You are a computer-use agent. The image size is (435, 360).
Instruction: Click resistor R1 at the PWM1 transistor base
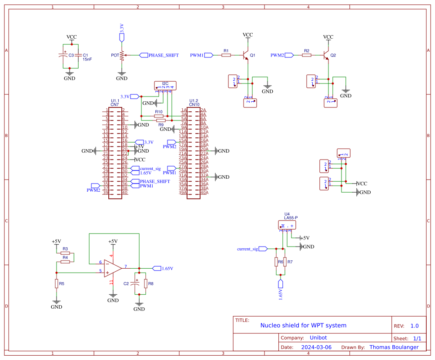pyautogui.click(x=226, y=55)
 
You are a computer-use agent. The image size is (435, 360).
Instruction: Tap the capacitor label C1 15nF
pyautogui.click(x=87, y=57)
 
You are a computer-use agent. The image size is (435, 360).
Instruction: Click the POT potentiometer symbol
pyautogui.click(x=122, y=55)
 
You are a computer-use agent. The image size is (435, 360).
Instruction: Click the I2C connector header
pyautogui.click(x=165, y=85)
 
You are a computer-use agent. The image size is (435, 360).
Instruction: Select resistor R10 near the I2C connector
pyautogui.click(x=159, y=116)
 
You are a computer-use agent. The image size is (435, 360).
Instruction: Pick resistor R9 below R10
pyautogui.click(x=161, y=120)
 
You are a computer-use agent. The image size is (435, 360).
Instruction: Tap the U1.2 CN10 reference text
pyautogui.click(x=194, y=103)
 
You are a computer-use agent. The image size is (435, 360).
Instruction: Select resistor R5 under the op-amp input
pyautogui.click(x=57, y=283)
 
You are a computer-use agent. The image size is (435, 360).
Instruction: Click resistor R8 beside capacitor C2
pyautogui.click(x=146, y=283)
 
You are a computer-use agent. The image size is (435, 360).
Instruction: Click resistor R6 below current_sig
pyautogui.click(x=276, y=262)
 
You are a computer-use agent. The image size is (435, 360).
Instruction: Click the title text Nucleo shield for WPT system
pyautogui.click(x=303, y=325)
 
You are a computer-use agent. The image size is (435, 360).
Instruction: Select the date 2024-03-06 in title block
pyautogui.click(x=316, y=347)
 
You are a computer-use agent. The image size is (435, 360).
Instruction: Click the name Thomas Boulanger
pyautogui.click(x=394, y=347)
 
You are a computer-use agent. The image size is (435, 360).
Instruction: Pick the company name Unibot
pyautogui.click(x=319, y=337)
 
